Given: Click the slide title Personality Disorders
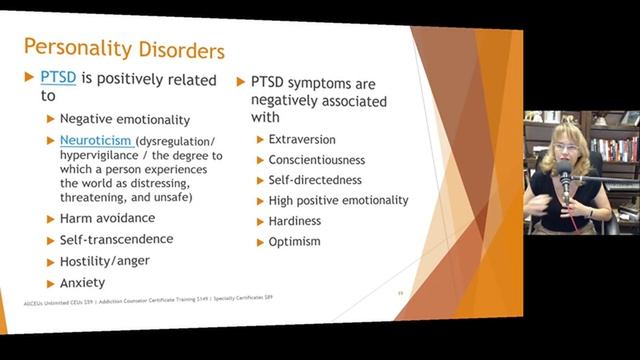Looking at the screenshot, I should pos(124,47).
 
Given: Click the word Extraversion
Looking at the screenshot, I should pos(302,139).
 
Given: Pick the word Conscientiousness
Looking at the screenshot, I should pos(317,160).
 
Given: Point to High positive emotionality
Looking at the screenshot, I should pos(338,200).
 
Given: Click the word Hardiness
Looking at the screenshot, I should pos(296,221).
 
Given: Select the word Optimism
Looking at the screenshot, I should pos(295,242).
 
